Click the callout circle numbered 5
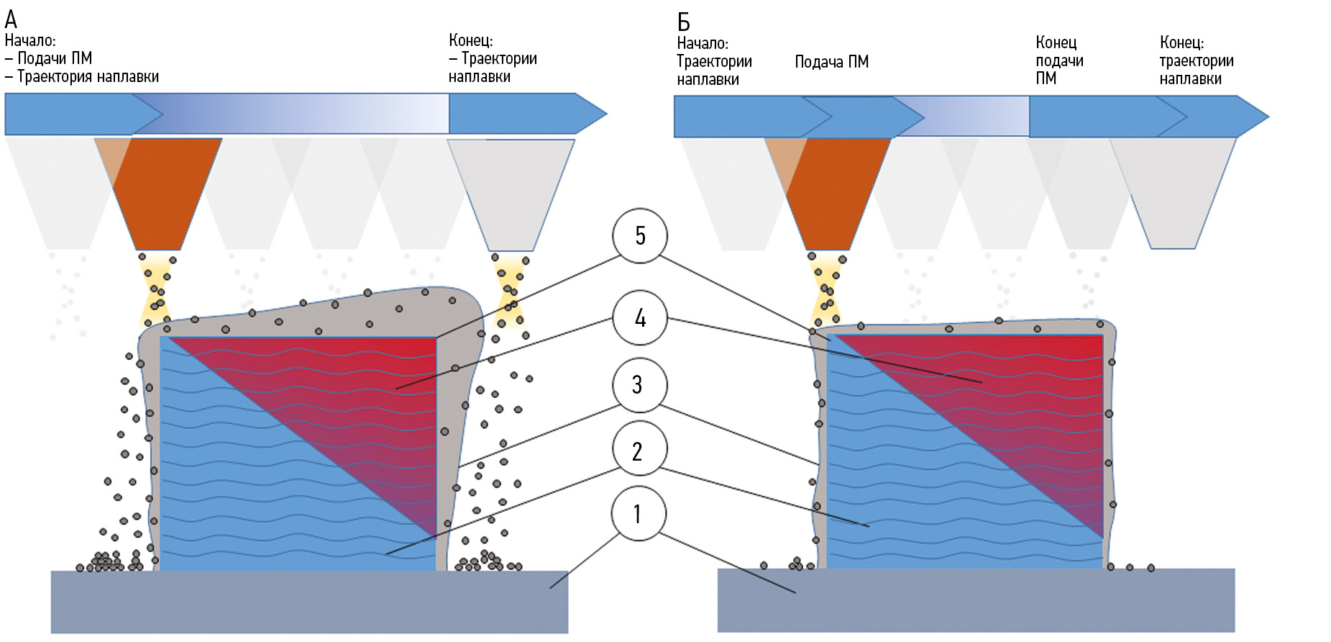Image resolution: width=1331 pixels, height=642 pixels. point(640,236)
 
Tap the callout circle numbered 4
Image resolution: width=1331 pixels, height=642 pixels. point(640,317)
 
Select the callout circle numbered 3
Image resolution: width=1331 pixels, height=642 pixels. point(639,385)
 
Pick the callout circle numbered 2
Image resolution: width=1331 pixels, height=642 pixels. point(639,450)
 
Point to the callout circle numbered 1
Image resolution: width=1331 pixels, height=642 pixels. point(639,514)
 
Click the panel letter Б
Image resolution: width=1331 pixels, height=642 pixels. point(684,22)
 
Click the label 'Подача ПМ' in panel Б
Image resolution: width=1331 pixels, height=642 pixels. point(831,62)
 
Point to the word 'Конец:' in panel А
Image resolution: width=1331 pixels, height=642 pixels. point(470,40)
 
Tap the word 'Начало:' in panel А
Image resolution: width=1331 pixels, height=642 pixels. point(30,40)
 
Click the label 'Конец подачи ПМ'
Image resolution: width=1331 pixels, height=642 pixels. point(1058,60)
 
